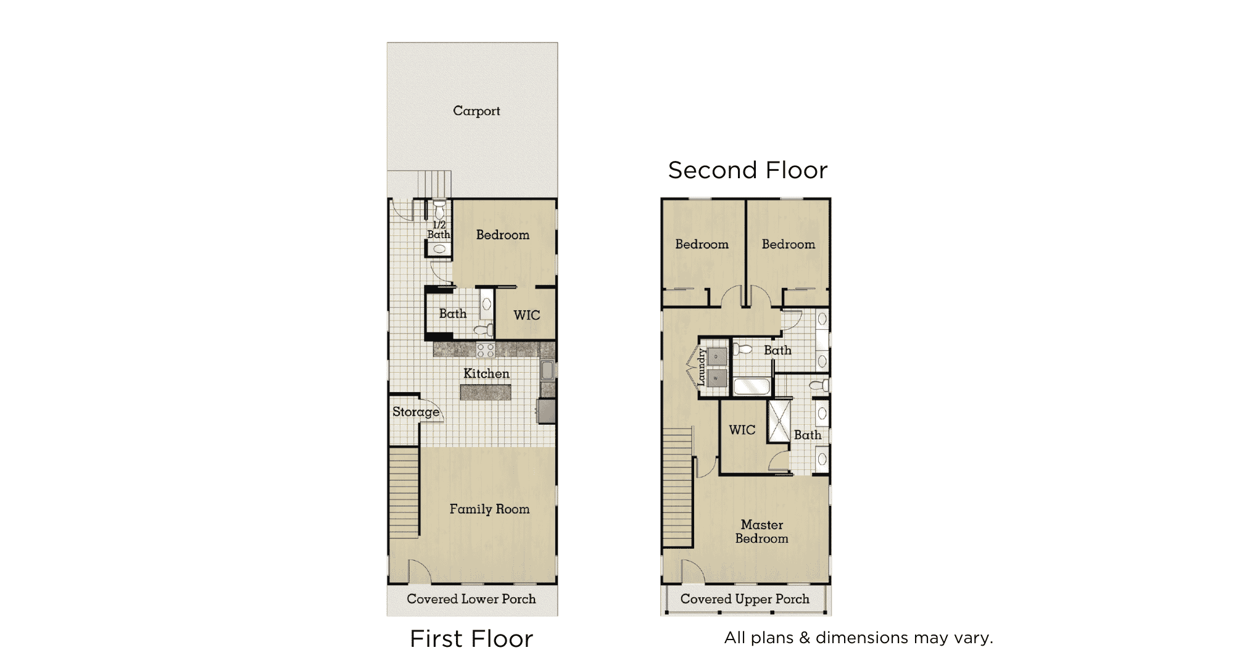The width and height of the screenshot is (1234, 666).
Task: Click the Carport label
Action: click(476, 111)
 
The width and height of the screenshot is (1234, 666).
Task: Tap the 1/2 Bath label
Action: click(439, 229)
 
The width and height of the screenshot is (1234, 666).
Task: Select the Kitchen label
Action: click(486, 374)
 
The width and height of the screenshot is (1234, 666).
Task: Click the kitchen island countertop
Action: click(486, 392)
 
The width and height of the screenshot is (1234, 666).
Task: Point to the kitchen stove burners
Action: click(486, 350)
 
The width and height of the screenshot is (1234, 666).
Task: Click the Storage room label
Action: click(416, 412)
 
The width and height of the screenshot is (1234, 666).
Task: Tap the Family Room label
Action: click(489, 509)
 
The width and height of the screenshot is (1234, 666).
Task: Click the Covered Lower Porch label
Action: click(471, 599)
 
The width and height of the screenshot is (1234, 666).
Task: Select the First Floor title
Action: click(471, 639)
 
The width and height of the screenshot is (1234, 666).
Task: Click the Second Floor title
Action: click(748, 170)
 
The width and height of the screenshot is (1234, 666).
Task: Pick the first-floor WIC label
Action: click(526, 315)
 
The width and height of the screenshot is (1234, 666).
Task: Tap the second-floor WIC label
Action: click(742, 430)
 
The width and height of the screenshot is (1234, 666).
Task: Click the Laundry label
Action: click(702, 368)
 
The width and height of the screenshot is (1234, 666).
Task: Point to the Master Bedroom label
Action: click(762, 532)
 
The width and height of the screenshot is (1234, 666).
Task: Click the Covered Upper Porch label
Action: click(745, 599)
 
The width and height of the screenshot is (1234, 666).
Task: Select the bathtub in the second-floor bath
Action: click(752, 387)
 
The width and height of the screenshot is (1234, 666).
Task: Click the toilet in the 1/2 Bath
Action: click(439, 208)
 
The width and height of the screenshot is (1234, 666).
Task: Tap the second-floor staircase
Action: click(677, 488)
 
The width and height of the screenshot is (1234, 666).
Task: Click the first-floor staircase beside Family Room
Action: click(404, 492)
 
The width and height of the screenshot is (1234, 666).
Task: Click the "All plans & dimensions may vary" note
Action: click(859, 638)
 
